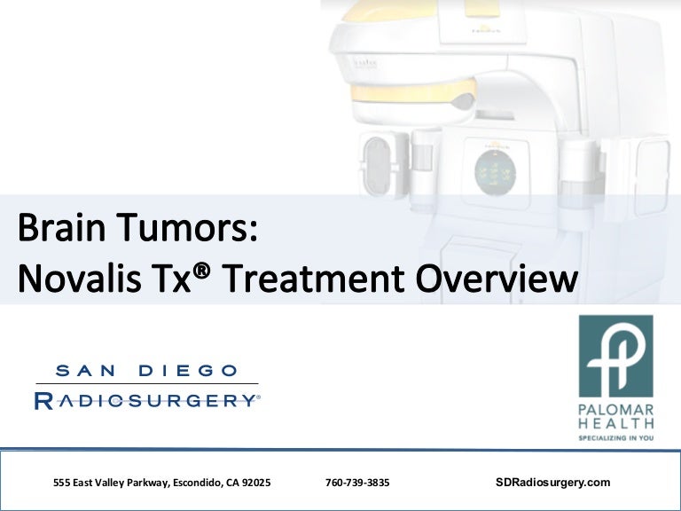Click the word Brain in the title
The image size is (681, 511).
[x=61, y=226]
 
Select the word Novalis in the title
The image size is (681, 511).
[x=80, y=278]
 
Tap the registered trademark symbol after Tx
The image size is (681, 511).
[x=201, y=271]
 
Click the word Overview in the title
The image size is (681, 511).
[x=497, y=278]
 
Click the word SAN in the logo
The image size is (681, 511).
[x=85, y=371]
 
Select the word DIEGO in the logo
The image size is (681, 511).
[x=188, y=371]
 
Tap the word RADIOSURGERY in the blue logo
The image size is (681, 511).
[x=146, y=401]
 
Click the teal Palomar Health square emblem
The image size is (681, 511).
[x=616, y=356]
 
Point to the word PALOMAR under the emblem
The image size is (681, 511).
[x=616, y=410]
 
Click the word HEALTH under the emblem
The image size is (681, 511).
[x=616, y=423]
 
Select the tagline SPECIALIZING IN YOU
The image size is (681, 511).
[x=616, y=438]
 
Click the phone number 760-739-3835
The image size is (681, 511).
[x=357, y=483]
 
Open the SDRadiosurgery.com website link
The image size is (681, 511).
[x=553, y=483]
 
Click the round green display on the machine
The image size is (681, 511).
[x=495, y=173]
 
